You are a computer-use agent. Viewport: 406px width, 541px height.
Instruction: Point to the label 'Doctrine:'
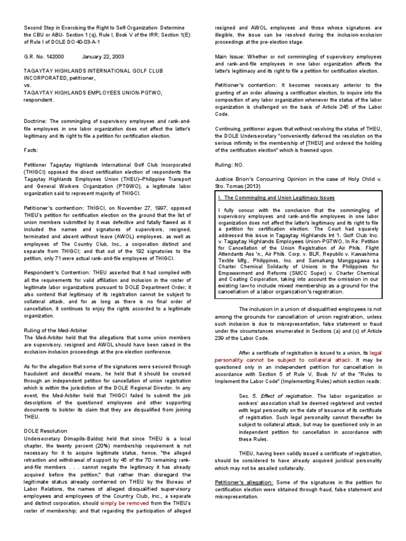click(x=35, y=121)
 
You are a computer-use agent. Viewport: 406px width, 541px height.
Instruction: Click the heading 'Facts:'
click(x=31, y=150)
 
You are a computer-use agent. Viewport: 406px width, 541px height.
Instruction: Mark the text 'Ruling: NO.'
click(x=230, y=165)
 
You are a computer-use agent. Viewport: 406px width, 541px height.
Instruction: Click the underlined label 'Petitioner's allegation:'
click(x=244, y=482)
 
